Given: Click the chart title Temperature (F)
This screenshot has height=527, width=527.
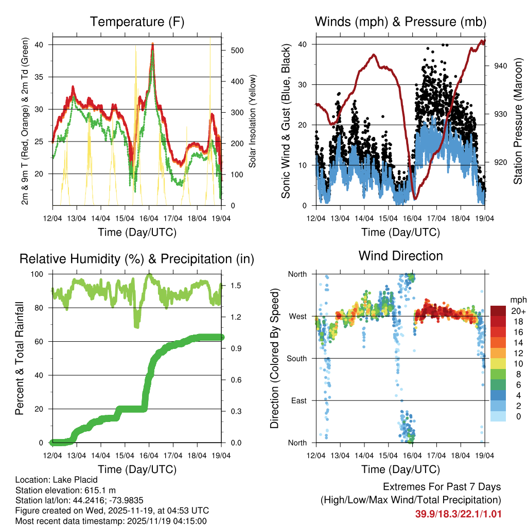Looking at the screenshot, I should pyautogui.click(x=137, y=22).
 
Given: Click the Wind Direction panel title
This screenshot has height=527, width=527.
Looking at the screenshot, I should pyautogui.click(x=400, y=256).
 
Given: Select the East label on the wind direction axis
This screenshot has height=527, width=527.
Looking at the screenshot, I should pyautogui.click(x=299, y=400).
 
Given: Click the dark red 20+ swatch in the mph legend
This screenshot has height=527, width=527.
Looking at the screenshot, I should pyautogui.click(x=500, y=310).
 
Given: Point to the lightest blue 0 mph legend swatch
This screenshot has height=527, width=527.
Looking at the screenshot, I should pyautogui.click(x=500, y=416).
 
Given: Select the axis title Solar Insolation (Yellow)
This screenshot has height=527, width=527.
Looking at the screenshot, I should pyautogui.click(x=253, y=121).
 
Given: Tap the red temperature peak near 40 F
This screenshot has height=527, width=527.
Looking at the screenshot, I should pyautogui.click(x=153, y=44).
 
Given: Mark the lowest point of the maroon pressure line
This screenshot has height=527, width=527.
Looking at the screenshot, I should pyautogui.click(x=415, y=198).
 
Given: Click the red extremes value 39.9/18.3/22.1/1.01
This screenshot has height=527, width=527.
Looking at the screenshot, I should pyautogui.click(x=458, y=514).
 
